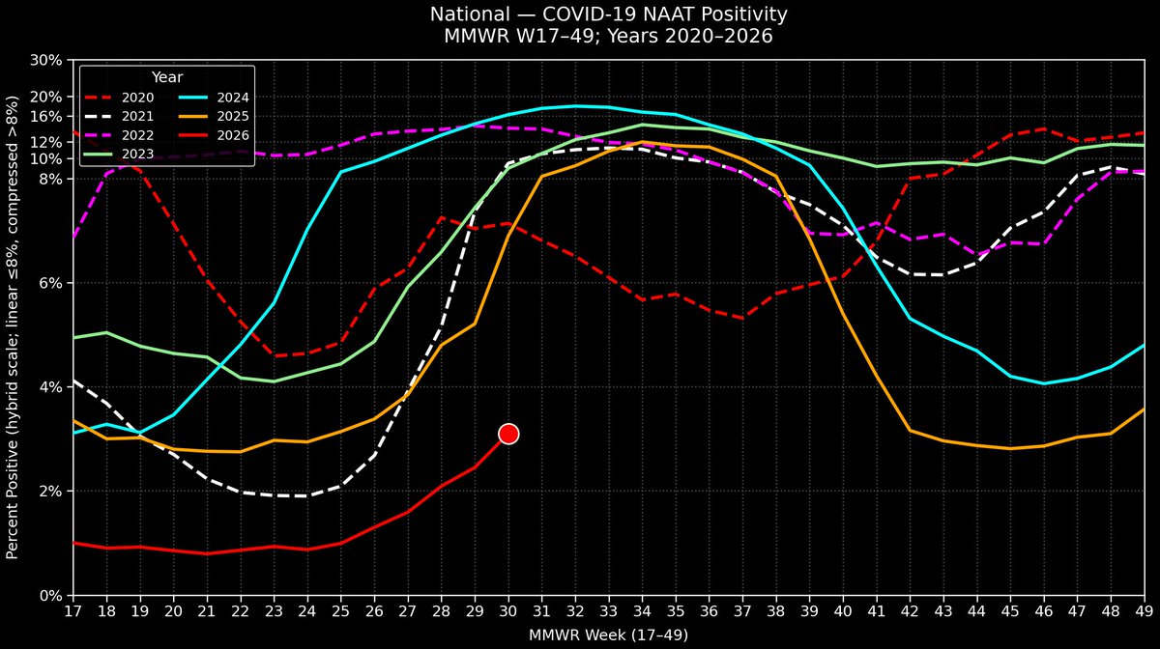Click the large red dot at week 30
point(508,434)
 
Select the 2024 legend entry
point(214,98)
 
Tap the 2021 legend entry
point(119,117)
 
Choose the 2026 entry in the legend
point(214,135)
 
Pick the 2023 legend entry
point(119,155)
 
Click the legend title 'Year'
point(166,77)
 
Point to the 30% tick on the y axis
point(46,60)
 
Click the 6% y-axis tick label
point(50,283)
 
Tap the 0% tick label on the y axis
point(50,596)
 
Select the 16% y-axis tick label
point(46,117)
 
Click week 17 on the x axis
point(73,611)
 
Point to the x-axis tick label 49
point(1144,611)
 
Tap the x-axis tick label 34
point(642,611)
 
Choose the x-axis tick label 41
point(876,611)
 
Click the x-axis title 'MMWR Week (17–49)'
point(608,635)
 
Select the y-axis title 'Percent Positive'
point(12,491)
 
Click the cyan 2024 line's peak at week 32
point(575,106)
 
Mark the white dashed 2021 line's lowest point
point(307,495)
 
